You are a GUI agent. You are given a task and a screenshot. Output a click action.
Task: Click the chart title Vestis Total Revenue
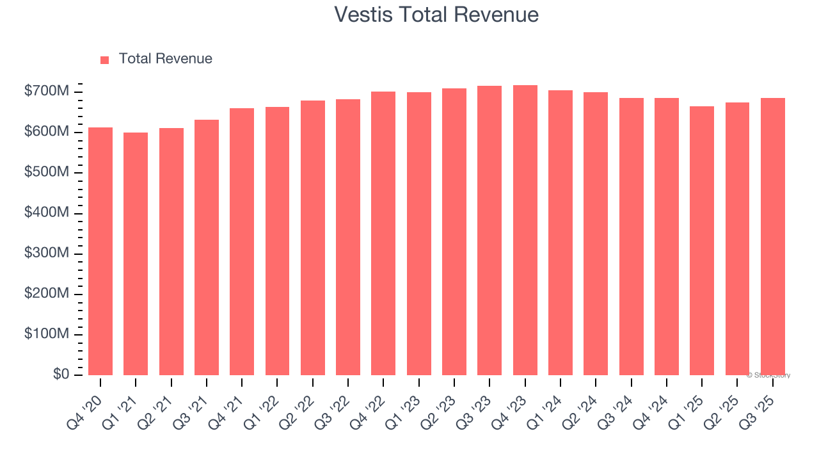tap(436, 14)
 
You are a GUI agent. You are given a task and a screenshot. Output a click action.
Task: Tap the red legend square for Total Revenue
tap(105, 60)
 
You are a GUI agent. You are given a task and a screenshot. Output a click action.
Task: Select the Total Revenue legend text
tap(165, 59)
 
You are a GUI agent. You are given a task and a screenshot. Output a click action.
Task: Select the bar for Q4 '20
tap(100, 251)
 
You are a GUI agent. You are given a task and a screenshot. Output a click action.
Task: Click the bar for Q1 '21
tap(136, 254)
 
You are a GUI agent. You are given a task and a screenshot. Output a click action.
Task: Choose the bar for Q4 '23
tap(525, 230)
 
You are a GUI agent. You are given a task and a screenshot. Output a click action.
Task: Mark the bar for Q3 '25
tap(772, 236)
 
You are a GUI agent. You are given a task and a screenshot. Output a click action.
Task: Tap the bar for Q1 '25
tap(702, 240)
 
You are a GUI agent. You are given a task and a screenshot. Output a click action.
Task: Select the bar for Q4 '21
tap(242, 241)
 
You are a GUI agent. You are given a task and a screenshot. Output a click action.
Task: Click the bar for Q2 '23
tap(454, 231)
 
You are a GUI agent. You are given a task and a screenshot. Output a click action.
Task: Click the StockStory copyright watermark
tap(768, 375)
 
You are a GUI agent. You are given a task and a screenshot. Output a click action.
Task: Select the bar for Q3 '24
tap(632, 236)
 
